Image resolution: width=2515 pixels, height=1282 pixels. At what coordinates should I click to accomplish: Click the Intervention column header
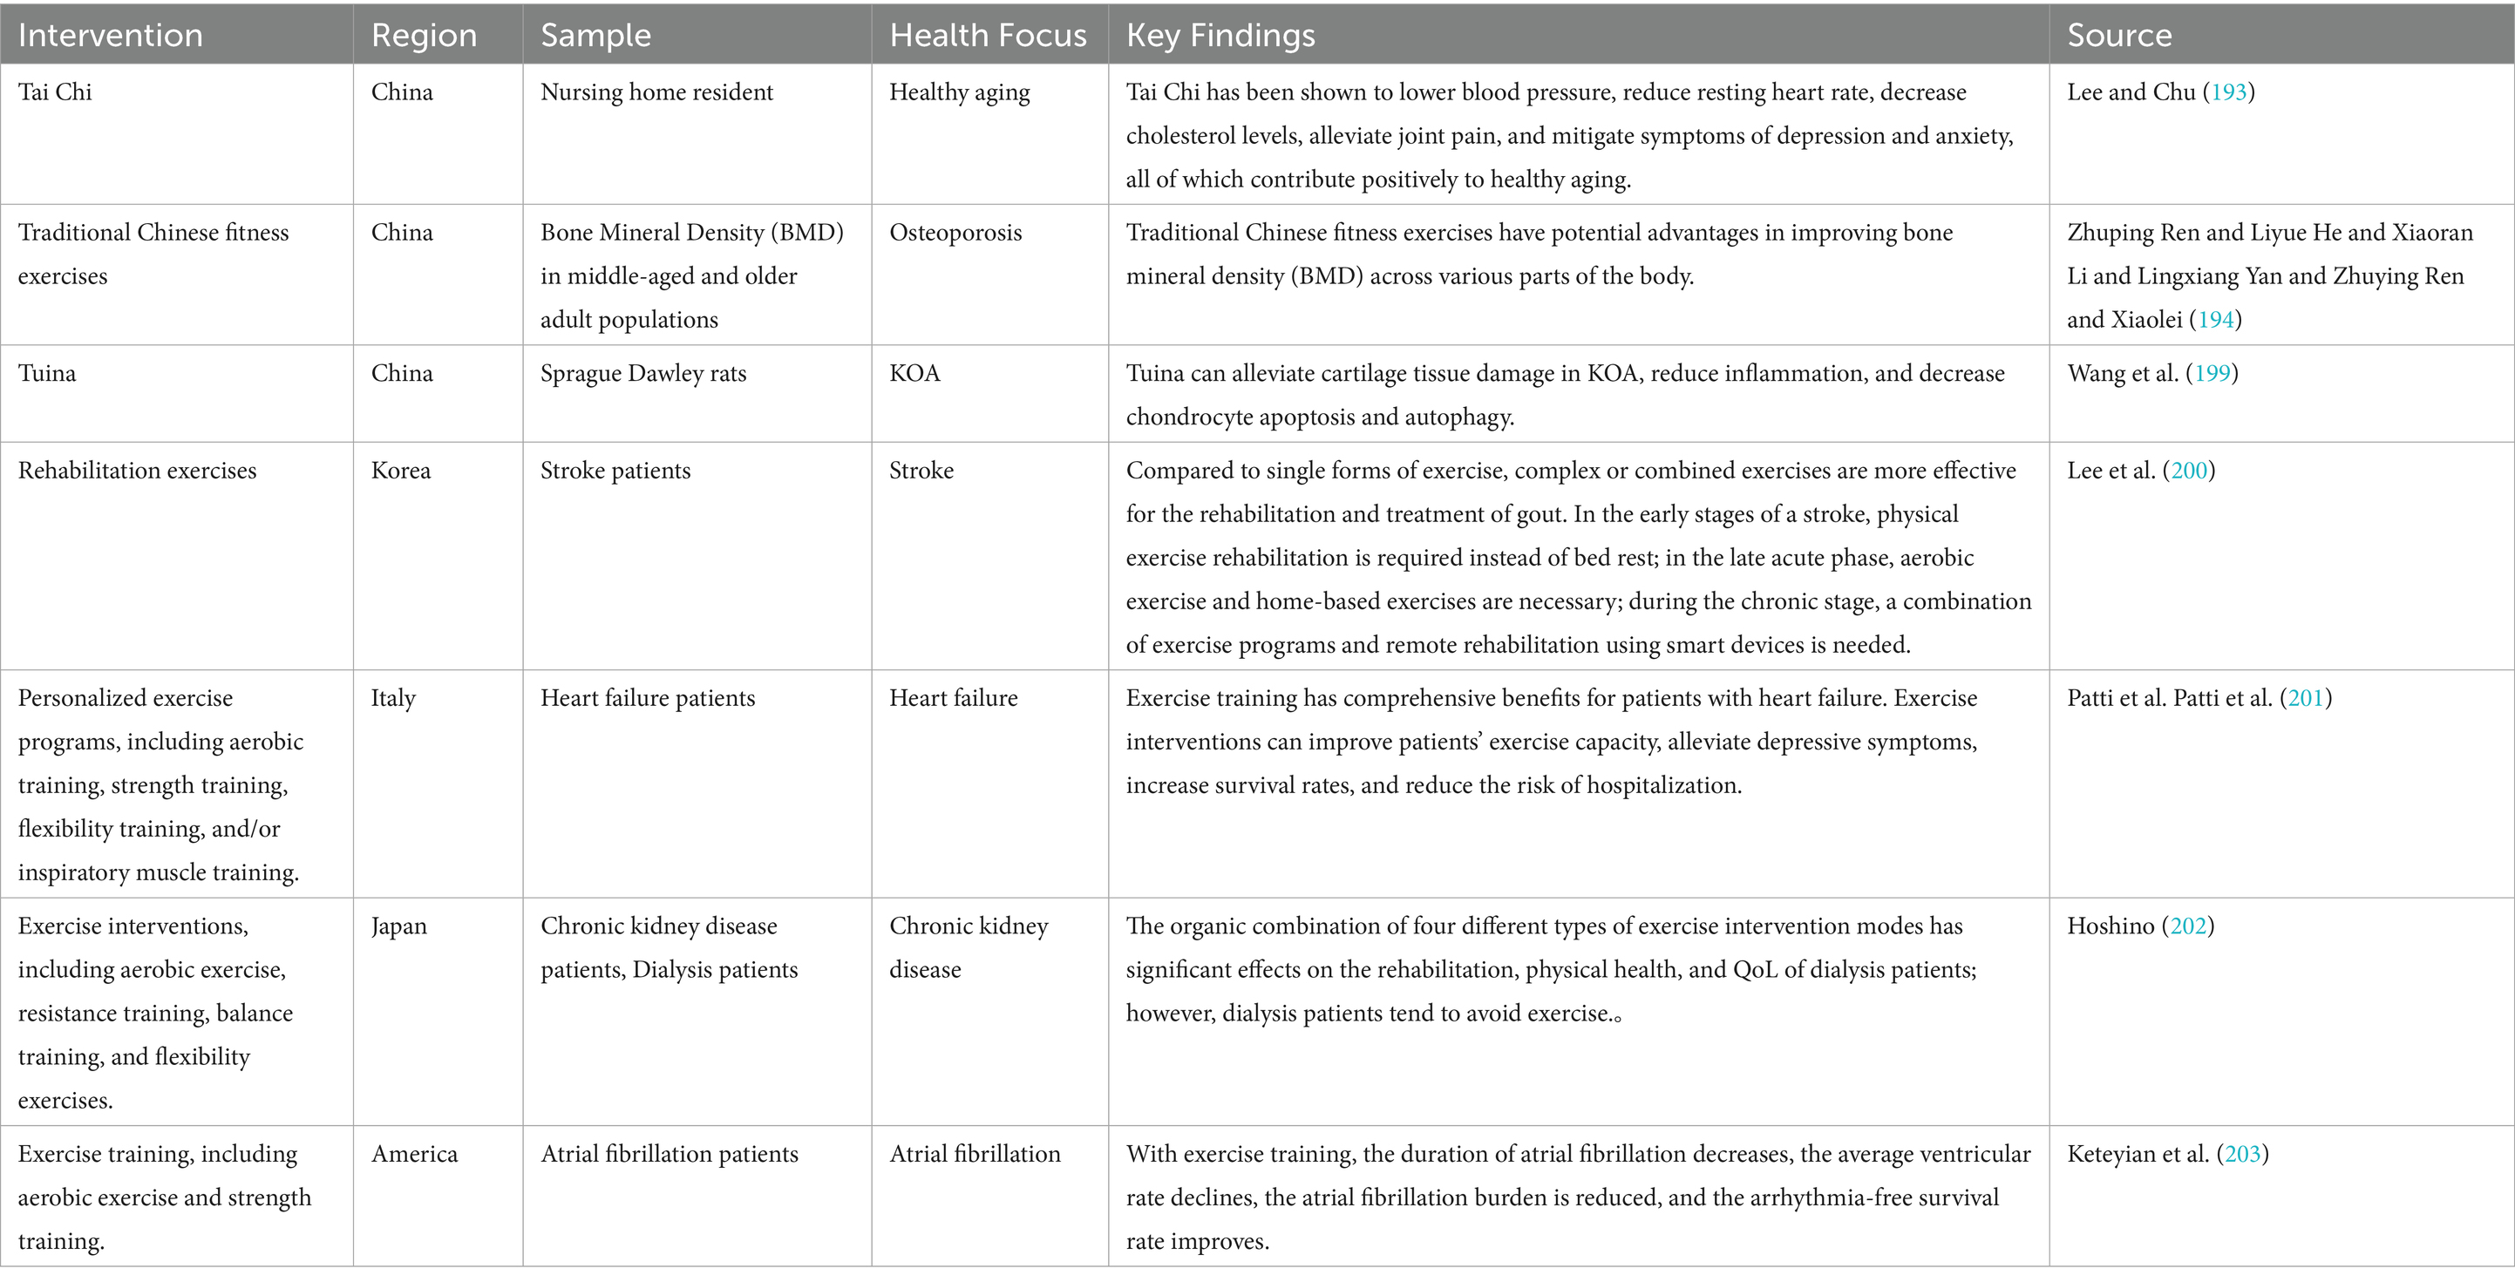(111, 35)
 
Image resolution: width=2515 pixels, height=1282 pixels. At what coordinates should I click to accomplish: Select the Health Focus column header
(987, 35)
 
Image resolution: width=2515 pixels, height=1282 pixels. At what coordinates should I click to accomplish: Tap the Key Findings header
(1220, 35)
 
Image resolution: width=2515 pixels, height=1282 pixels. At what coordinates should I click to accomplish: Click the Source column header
(2119, 35)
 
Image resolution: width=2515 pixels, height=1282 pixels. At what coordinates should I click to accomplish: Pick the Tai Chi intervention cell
(55, 92)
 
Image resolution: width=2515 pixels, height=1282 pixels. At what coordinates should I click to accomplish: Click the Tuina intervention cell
(47, 373)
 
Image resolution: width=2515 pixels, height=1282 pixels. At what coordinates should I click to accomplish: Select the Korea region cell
(400, 471)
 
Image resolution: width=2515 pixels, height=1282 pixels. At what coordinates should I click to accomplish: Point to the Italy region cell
(393, 698)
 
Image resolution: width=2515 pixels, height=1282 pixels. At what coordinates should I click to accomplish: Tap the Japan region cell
(398, 926)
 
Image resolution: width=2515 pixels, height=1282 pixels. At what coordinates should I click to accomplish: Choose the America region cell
(414, 1154)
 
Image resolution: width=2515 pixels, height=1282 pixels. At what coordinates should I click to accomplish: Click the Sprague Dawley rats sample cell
(643, 373)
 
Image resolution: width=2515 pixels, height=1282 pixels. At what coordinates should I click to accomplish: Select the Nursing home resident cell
(656, 92)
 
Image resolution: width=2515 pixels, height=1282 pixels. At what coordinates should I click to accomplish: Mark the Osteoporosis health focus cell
(955, 233)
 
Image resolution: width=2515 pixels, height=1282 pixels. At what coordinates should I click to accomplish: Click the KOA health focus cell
(914, 373)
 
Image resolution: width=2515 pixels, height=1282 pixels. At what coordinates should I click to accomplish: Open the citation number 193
(2229, 92)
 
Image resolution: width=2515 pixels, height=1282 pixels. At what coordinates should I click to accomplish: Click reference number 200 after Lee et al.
(2189, 471)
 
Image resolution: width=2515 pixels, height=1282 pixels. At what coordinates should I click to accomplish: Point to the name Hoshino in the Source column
(2110, 926)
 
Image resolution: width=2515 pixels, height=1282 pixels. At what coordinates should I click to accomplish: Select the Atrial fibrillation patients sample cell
(669, 1154)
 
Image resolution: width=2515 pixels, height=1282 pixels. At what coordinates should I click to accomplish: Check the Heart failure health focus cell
(953, 698)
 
